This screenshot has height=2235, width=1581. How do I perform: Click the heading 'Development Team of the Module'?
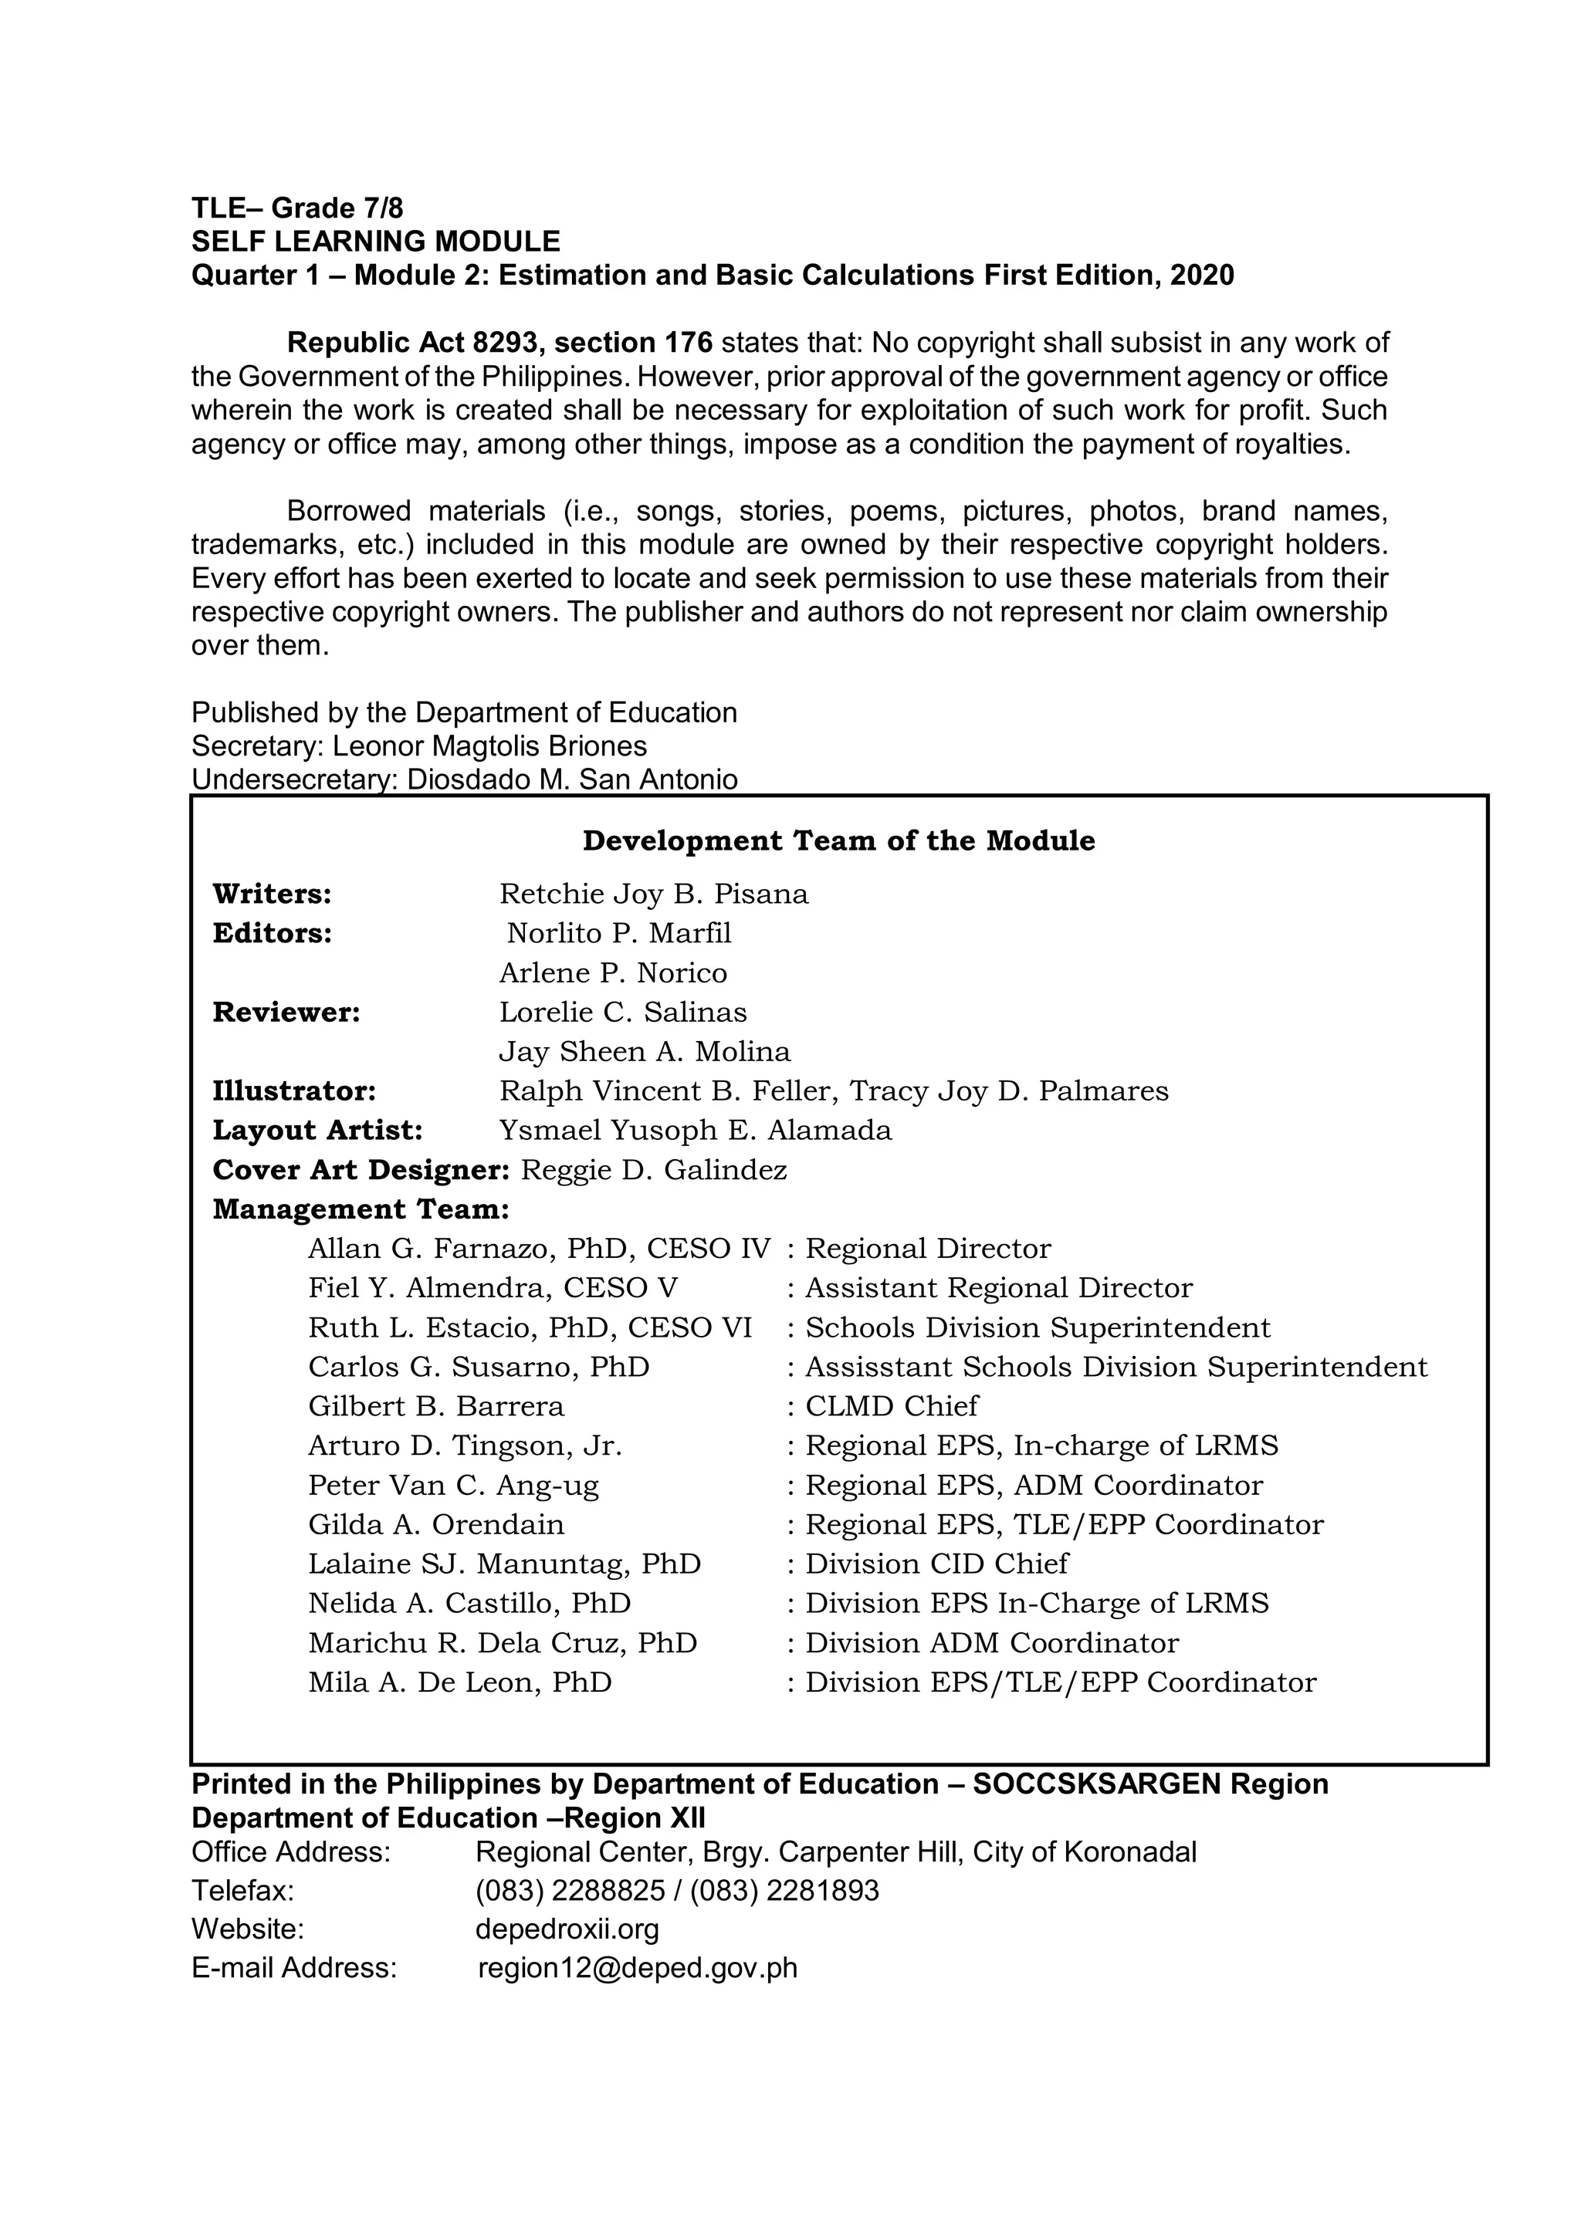[838, 841]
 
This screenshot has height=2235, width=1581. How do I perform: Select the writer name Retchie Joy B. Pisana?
[653, 894]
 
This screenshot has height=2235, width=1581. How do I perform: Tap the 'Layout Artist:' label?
[317, 1130]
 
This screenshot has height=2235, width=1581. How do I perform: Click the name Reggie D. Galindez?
[653, 1170]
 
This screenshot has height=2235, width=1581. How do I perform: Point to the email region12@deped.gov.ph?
[638, 1967]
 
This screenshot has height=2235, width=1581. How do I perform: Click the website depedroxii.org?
[567, 1929]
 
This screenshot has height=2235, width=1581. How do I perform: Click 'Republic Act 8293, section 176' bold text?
[499, 343]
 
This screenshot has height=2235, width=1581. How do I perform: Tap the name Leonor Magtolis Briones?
[489, 746]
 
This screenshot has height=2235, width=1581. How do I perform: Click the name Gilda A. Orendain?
[436, 1524]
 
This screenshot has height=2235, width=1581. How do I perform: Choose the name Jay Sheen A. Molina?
[645, 1051]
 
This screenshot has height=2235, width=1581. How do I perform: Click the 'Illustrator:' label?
[294, 1091]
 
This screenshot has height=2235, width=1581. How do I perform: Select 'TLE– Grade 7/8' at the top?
[297, 208]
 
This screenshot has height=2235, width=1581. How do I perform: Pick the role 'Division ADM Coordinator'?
[991, 1643]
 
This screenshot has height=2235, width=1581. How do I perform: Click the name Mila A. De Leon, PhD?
[459, 1682]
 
